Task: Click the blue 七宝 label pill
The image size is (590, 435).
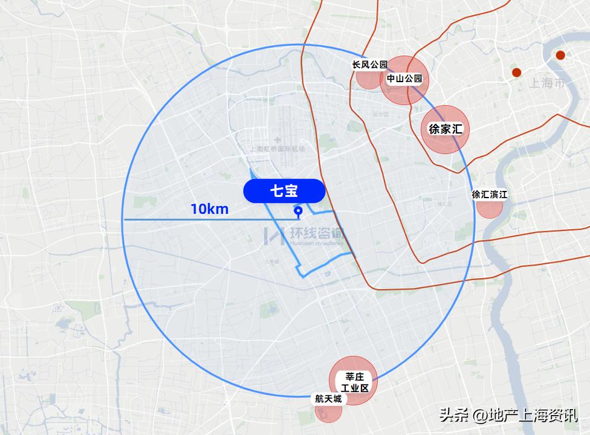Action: click(284, 191)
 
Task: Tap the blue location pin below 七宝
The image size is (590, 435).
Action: click(297, 211)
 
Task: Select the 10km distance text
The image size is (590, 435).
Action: click(209, 209)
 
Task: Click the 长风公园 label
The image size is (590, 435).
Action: click(369, 64)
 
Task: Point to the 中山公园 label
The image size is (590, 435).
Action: click(404, 79)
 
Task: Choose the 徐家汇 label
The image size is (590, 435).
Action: click(446, 129)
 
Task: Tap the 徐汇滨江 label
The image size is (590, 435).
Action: click(490, 195)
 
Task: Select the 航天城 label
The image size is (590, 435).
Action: click(328, 399)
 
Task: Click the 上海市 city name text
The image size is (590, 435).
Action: click(546, 83)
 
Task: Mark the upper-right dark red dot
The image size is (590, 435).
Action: click(560, 55)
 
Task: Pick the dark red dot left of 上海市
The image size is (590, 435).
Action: click(516, 72)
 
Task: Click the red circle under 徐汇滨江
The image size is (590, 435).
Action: click(490, 208)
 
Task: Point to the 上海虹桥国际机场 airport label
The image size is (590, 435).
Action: click(277, 149)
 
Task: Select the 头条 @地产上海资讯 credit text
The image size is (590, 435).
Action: click(508, 416)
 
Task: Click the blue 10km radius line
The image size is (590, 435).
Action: click(181, 219)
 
